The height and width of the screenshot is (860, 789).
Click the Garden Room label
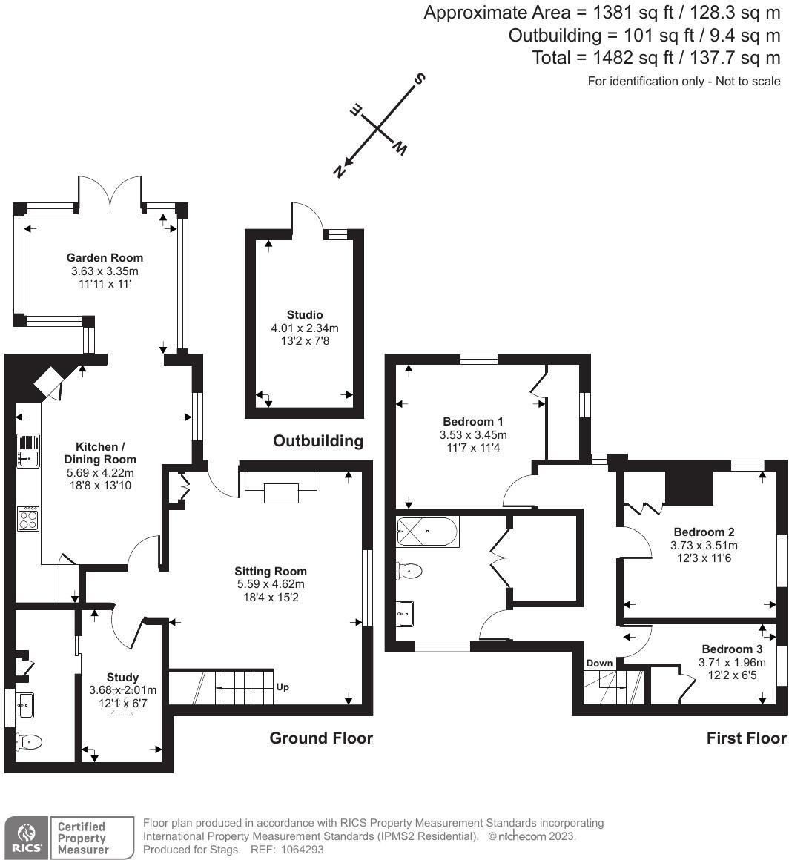click(x=105, y=257)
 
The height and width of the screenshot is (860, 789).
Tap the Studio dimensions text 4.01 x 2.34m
click(x=305, y=328)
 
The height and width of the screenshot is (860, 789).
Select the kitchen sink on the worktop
click(x=28, y=451)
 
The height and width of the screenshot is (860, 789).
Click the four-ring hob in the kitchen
click(x=28, y=518)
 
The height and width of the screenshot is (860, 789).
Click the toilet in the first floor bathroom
click(x=409, y=571)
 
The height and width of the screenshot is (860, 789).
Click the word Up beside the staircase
click(x=283, y=687)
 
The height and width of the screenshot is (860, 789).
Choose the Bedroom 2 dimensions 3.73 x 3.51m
click(x=704, y=545)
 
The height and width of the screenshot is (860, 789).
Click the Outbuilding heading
click(x=318, y=441)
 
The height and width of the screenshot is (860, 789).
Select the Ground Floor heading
click(x=320, y=738)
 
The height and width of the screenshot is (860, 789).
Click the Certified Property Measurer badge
click(x=82, y=838)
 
